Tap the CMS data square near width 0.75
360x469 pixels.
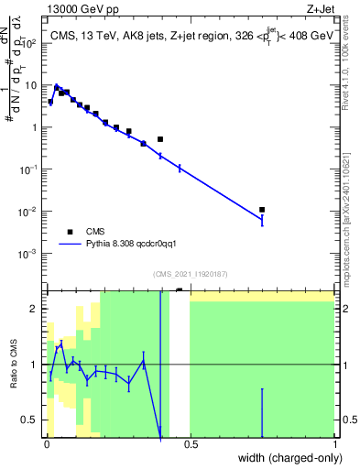coord(262,210)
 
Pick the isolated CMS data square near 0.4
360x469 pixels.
coord(160,139)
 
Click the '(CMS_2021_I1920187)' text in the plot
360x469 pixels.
coord(190,273)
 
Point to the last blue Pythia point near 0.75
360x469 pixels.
coord(262,220)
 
